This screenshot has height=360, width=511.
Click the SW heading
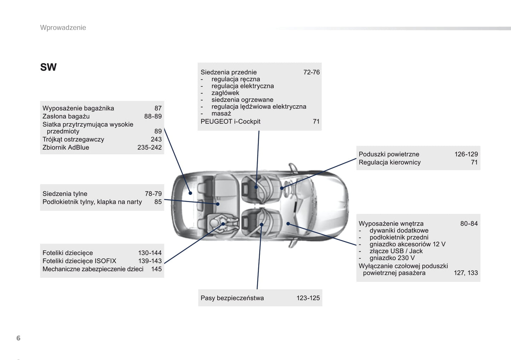point(48,67)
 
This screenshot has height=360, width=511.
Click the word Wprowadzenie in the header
point(63,28)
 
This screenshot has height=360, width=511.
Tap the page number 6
point(18,338)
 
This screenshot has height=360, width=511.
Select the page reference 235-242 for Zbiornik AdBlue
point(150,147)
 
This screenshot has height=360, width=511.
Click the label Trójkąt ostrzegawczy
point(73,140)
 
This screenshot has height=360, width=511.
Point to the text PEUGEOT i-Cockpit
point(231,122)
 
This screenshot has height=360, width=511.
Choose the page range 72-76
point(312,72)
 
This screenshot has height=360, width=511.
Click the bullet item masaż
point(221,113)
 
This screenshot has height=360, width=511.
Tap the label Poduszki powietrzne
point(389,154)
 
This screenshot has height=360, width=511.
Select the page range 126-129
point(466,154)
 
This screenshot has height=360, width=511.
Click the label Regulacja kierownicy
point(390,163)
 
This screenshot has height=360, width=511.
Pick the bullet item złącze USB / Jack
point(396,251)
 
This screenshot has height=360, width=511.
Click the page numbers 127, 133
point(466,273)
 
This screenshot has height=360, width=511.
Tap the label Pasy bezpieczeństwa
point(232,298)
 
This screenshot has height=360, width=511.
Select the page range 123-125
point(308,298)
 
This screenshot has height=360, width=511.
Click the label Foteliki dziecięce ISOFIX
point(79,261)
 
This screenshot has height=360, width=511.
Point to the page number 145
point(156,269)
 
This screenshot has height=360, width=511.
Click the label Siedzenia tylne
point(65,194)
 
